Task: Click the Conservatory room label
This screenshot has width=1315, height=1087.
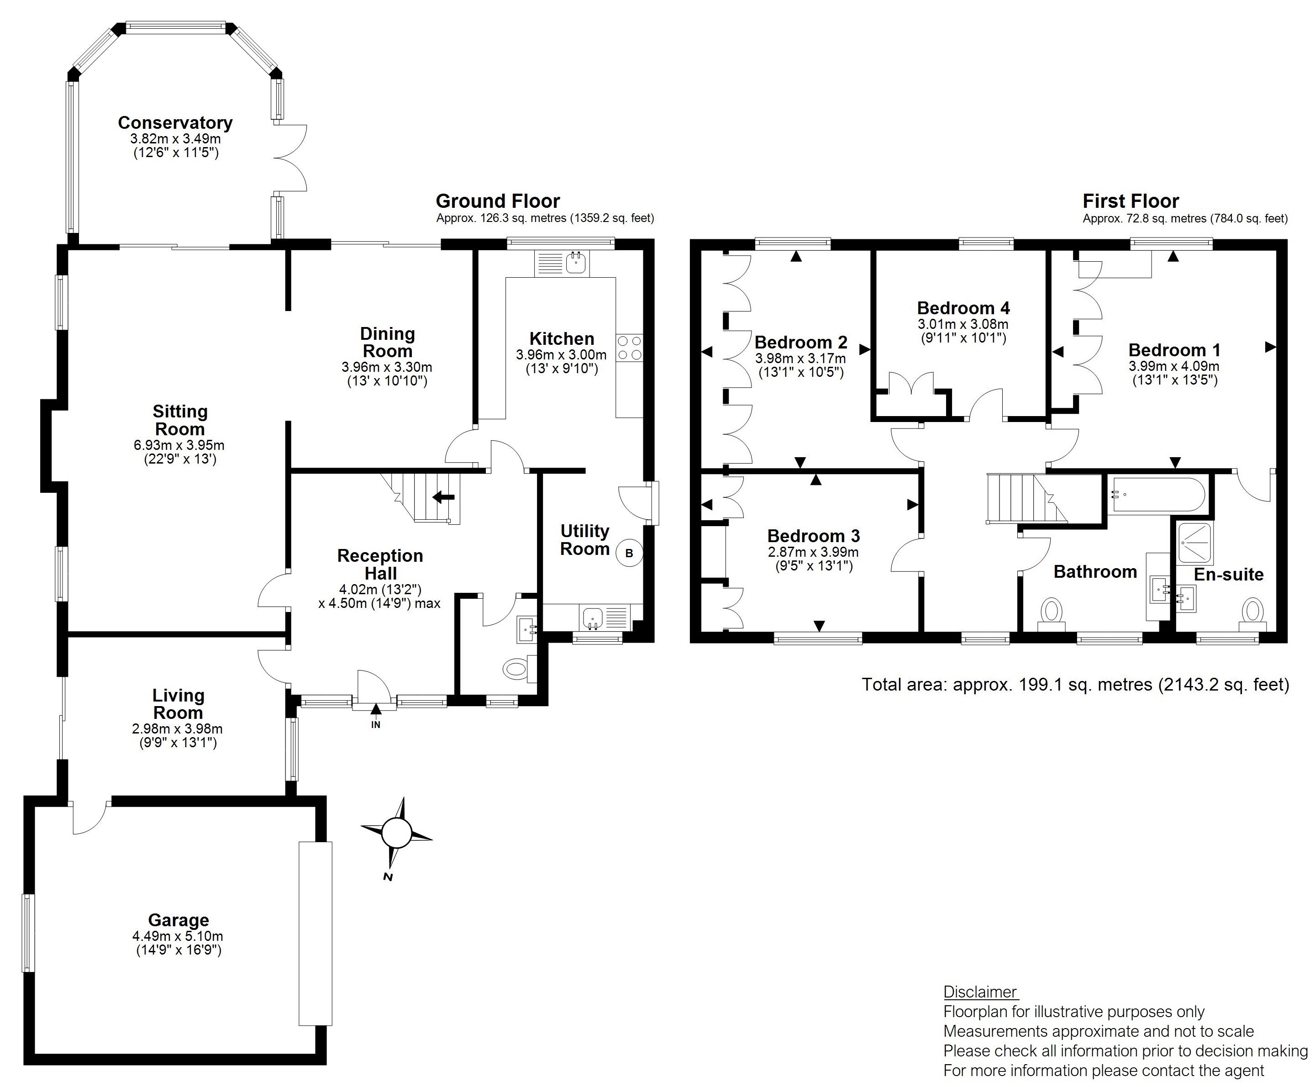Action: tap(175, 123)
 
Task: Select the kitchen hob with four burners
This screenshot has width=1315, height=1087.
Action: tap(629, 348)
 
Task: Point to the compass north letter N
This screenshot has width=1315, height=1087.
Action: tap(388, 876)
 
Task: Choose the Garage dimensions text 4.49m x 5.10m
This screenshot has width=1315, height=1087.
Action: tap(178, 936)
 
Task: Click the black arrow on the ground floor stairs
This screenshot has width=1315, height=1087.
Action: tap(443, 497)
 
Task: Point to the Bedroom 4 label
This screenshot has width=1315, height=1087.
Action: tap(963, 308)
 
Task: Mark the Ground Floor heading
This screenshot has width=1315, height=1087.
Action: tap(498, 201)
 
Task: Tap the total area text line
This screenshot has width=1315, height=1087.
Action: tap(1075, 684)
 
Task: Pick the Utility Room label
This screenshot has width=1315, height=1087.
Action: tap(584, 540)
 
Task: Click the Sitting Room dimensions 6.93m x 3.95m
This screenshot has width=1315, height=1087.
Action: tap(179, 445)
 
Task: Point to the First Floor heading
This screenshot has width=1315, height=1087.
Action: tap(1131, 201)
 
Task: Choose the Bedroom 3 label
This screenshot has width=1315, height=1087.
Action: tap(813, 536)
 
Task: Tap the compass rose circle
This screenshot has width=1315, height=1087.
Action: tap(397, 833)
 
